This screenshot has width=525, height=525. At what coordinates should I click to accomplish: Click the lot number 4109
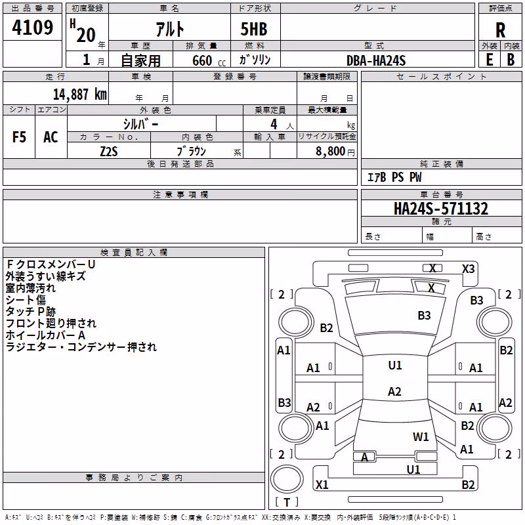[x=32, y=28]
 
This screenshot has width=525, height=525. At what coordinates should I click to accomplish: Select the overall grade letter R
[x=500, y=30]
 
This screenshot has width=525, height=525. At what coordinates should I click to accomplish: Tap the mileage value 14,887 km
[x=80, y=94]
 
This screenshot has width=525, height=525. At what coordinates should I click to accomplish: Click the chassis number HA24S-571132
[x=441, y=209]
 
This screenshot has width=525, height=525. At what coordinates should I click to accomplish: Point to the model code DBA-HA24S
[x=376, y=60]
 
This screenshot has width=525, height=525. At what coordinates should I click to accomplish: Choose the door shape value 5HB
[x=254, y=29]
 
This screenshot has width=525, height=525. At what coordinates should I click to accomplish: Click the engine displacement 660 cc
[x=209, y=60]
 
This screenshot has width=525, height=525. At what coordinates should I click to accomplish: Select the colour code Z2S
[x=109, y=152]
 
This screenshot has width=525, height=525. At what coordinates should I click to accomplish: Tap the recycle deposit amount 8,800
[x=330, y=152]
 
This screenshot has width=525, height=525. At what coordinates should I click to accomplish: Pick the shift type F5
[x=19, y=137]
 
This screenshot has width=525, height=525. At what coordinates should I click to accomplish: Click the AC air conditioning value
[x=51, y=137]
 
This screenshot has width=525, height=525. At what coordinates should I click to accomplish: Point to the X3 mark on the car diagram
[x=468, y=269]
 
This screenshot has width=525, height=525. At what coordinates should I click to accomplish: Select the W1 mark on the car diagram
[x=421, y=436]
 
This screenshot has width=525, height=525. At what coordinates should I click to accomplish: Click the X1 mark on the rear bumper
[x=322, y=484]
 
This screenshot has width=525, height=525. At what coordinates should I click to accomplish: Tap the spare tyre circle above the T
[x=287, y=479]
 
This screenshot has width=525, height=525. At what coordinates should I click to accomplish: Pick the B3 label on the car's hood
[x=424, y=316]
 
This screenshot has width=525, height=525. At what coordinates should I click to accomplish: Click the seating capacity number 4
[x=274, y=125]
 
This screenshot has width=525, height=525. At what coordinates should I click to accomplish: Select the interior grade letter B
[x=511, y=60]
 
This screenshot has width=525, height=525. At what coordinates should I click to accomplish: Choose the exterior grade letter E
[x=490, y=60]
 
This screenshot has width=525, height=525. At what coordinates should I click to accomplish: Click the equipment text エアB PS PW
[x=394, y=177]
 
